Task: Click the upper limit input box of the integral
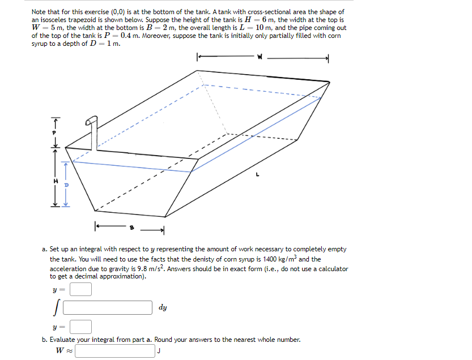tap(80, 289)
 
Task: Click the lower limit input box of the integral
tap(80, 327)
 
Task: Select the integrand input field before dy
tap(108, 308)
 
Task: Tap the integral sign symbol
tap(57, 308)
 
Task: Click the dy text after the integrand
tap(163, 308)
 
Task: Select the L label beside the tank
tap(257, 175)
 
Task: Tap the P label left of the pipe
tap(55, 134)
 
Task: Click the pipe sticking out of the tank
tap(93, 133)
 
